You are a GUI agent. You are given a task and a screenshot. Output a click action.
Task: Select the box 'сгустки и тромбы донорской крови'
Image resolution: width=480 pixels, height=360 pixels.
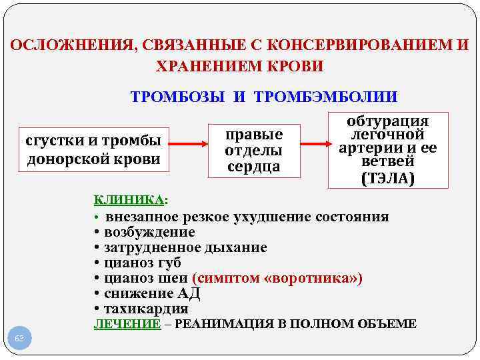click(94, 150)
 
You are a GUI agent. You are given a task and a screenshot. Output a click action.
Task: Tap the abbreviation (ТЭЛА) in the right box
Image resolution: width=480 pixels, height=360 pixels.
click(387, 179)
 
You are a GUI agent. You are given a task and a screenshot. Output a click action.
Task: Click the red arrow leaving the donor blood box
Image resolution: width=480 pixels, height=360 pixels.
click(189, 144)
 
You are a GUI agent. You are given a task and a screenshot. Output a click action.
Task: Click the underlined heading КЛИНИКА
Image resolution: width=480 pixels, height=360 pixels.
click(129, 199)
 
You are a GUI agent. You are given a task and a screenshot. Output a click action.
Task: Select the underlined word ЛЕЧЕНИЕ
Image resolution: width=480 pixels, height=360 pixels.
click(127, 324)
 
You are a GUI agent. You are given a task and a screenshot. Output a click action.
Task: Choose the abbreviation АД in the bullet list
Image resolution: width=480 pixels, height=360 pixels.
click(189, 293)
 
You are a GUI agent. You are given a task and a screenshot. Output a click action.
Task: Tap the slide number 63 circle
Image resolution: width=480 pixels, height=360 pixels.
click(19, 339)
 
